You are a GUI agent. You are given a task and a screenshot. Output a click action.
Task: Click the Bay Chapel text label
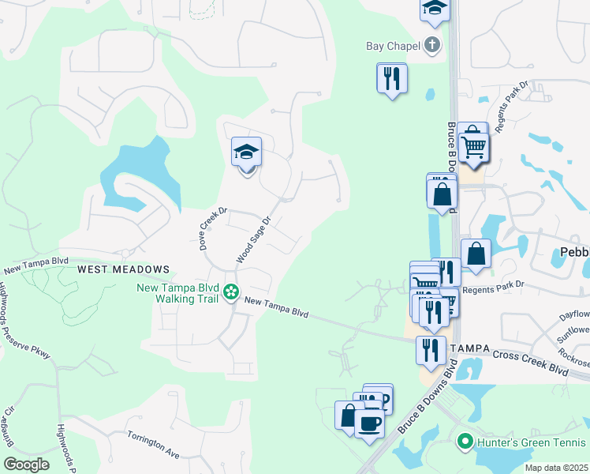[393, 46]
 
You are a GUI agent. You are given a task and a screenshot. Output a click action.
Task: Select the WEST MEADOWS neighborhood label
[123, 269]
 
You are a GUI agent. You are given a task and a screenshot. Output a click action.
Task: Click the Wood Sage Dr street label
[253, 240]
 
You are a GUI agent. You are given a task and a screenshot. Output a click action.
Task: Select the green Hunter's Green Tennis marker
[465, 442]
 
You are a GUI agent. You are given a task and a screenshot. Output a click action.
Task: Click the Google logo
[26, 464]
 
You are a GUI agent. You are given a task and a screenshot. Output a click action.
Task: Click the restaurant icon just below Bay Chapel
[392, 77]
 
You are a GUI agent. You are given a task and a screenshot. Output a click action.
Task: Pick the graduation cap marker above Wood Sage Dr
[246, 152]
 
